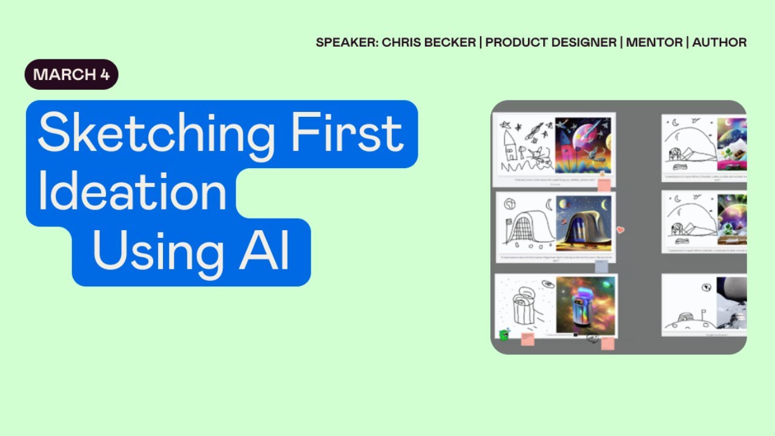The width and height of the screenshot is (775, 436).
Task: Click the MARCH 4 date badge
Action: pyautogui.click(x=71, y=74)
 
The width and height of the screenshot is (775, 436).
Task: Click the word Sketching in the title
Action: pyautogui.click(x=160, y=134)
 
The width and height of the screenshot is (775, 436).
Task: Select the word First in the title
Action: pyautogui.click(x=347, y=134)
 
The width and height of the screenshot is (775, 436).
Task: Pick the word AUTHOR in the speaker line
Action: pyautogui.click(x=719, y=42)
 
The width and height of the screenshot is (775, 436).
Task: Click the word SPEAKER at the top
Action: pyautogui.click(x=347, y=42)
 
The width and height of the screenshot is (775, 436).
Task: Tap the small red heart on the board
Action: pyautogui.click(x=620, y=230)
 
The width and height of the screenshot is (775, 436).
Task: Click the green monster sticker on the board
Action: pyautogui.click(x=503, y=335)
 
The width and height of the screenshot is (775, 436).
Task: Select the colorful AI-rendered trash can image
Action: pyautogui.click(x=585, y=305)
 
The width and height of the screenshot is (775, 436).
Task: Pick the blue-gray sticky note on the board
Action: pyautogui.click(x=601, y=266)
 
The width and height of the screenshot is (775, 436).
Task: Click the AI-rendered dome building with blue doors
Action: pyautogui.click(x=583, y=223)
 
